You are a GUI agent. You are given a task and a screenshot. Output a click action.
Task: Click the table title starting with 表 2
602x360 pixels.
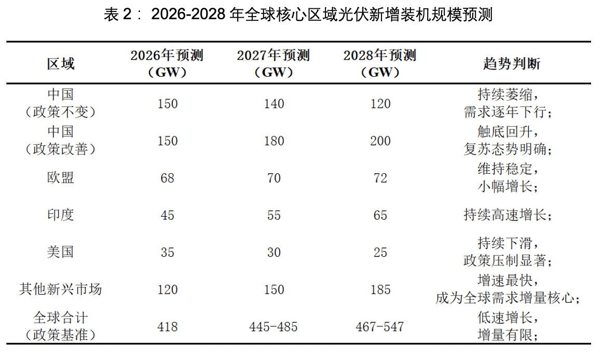click(x=298, y=15)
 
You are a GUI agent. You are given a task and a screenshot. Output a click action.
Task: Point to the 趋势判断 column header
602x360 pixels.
click(x=512, y=64)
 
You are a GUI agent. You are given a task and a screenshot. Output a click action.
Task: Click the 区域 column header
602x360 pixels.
click(x=61, y=64)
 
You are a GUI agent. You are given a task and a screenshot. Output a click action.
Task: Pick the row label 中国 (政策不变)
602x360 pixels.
click(x=60, y=103)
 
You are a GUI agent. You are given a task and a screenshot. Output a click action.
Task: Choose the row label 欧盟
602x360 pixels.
click(x=60, y=178)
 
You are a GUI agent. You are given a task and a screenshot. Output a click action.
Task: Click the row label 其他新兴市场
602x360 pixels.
click(x=60, y=289)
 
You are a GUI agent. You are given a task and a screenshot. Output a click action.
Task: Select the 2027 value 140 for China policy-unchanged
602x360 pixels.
click(x=273, y=104)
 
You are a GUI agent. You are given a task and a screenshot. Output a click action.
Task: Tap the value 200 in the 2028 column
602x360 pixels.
click(x=380, y=141)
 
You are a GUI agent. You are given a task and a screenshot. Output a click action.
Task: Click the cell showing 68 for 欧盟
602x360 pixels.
click(x=168, y=178)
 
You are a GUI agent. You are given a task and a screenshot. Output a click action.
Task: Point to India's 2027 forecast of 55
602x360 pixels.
click(x=273, y=215)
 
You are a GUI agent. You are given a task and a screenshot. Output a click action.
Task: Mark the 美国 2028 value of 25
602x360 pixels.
click(x=380, y=253)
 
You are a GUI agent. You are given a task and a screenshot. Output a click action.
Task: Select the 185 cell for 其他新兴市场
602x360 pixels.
click(x=380, y=290)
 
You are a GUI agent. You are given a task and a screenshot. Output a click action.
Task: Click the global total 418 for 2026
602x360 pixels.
click(x=168, y=327)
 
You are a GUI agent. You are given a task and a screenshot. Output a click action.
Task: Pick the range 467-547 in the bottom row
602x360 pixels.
click(x=380, y=327)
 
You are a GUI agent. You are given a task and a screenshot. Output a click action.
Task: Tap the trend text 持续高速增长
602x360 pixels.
click(x=508, y=215)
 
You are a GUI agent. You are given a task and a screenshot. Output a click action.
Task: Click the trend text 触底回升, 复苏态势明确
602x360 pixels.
click(x=508, y=141)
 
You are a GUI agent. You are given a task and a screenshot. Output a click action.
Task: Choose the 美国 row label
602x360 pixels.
click(x=60, y=252)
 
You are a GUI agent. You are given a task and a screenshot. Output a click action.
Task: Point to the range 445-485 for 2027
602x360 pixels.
click(x=273, y=327)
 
